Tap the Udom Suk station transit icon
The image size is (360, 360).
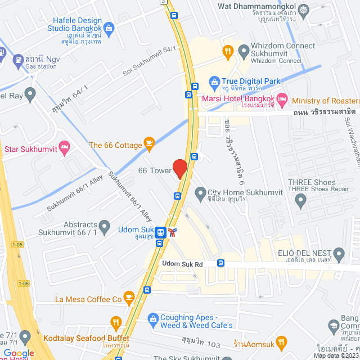point(161,232)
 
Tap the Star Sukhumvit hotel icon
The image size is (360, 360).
point(65,148)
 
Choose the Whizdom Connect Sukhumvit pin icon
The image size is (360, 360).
point(244,52)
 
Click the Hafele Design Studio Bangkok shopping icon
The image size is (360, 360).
point(109,27)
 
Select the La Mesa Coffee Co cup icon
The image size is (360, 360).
point(129,296)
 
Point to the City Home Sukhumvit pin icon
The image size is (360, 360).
point(200,194)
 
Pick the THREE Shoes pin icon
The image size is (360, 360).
point(301,199)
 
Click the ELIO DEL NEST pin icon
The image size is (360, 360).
point(339,255)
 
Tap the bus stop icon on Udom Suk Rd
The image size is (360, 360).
point(221,263)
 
